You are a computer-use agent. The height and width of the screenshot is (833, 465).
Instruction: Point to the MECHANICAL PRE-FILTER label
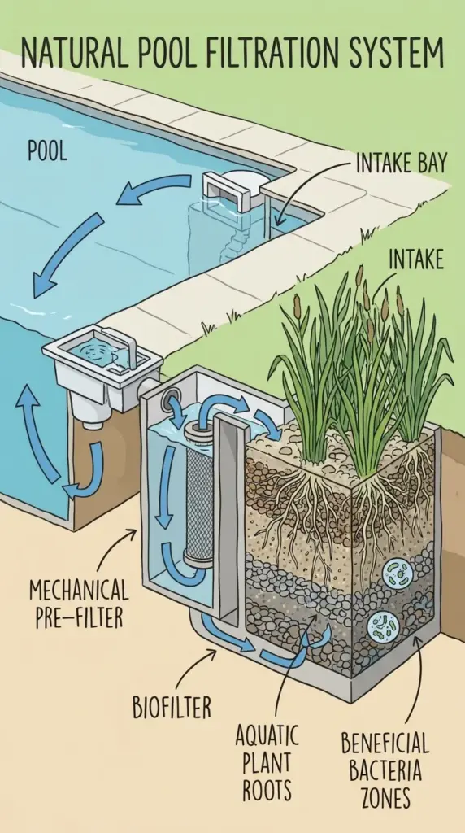[79, 602]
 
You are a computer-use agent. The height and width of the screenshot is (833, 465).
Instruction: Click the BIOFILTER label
[172, 707]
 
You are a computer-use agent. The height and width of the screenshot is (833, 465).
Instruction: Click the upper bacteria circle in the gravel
[398, 571]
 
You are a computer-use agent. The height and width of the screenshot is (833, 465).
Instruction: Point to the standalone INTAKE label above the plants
[415, 260]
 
